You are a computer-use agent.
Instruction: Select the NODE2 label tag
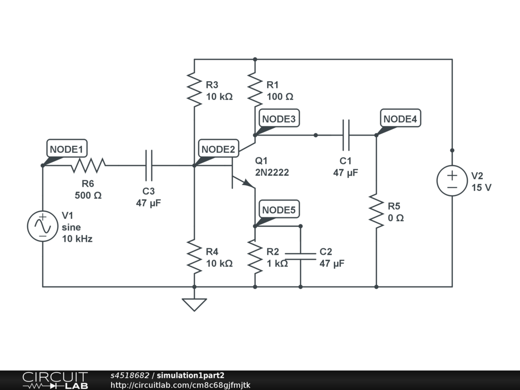[218, 149]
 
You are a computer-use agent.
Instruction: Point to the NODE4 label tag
[401, 119]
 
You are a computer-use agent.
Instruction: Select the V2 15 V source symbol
[452, 181]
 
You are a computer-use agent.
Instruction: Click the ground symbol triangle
[194, 304]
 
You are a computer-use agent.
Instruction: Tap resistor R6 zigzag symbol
[88, 165]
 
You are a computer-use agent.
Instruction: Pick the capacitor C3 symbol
[148, 165]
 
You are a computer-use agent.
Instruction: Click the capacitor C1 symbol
[346, 135]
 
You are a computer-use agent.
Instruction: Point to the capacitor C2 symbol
[300, 255]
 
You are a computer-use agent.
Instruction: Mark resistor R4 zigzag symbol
[194, 256]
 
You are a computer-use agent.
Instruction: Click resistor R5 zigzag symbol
[376, 210]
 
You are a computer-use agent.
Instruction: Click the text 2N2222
[272, 173]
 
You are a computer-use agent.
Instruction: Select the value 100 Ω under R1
[280, 96]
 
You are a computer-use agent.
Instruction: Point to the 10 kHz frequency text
[77, 239]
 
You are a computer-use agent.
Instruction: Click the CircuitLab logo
[55, 380]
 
